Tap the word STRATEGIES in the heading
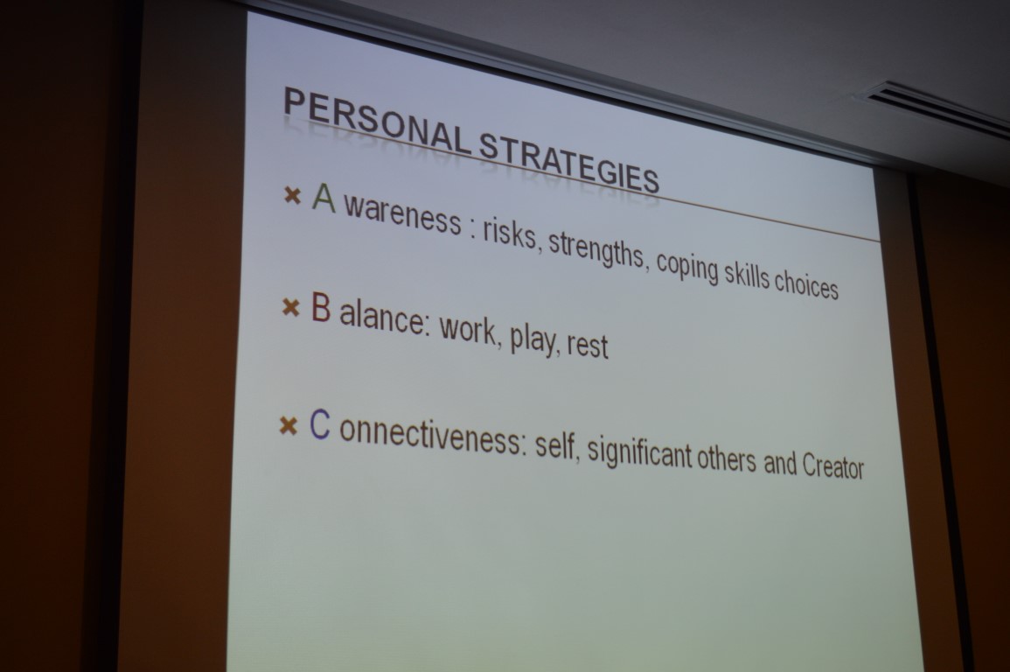coord(569,164)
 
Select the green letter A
coord(324,197)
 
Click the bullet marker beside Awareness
coord(292,194)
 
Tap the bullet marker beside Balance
coord(291,308)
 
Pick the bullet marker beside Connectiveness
coord(289,426)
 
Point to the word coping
coord(687,268)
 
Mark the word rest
coord(588,344)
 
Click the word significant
coord(637,452)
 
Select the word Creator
coord(832,465)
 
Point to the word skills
coord(747,275)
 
